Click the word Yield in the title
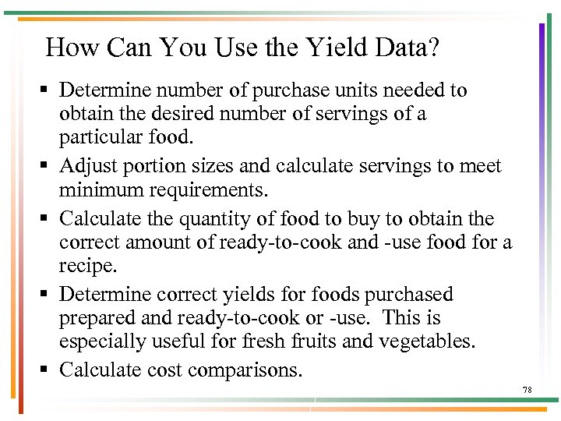click(327, 49)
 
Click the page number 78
click(527, 389)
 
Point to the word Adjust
click(85, 165)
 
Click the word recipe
click(87, 267)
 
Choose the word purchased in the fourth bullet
click(408, 294)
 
